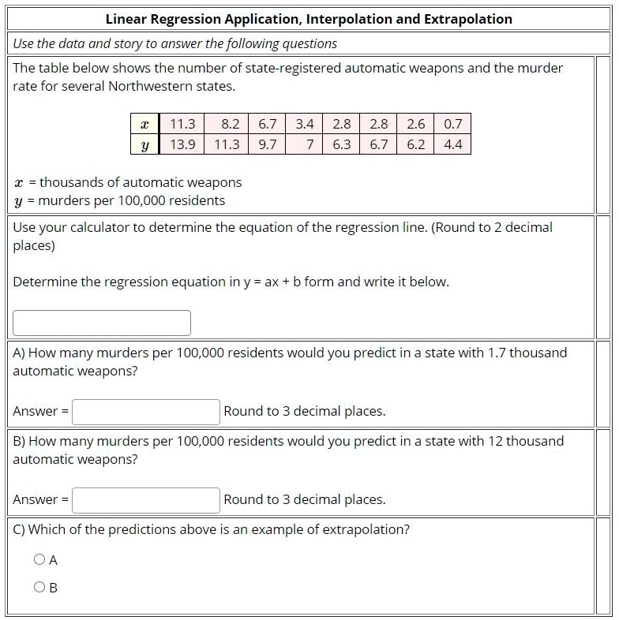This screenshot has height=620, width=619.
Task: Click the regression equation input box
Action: click(102, 323)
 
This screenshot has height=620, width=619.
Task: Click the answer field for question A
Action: click(146, 411)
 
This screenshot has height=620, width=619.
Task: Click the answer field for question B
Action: click(146, 499)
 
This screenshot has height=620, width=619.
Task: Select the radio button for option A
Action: click(39, 560)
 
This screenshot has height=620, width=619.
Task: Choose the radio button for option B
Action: click(39, 587)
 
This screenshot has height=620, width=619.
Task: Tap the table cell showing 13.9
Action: click(182, 144)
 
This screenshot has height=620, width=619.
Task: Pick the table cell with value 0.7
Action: click(453, 124)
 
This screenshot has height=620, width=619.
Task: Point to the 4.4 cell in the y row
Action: click(453, 144)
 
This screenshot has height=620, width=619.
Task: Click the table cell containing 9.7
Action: click(268, 144)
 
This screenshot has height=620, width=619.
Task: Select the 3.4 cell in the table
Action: click(305, 124)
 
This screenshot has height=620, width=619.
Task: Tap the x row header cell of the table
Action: click(144, 124)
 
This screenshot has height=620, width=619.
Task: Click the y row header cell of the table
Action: click(144, 144)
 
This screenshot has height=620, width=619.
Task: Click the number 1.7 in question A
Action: click(496, 353)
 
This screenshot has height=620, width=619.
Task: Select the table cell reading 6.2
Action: click(416, 144)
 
